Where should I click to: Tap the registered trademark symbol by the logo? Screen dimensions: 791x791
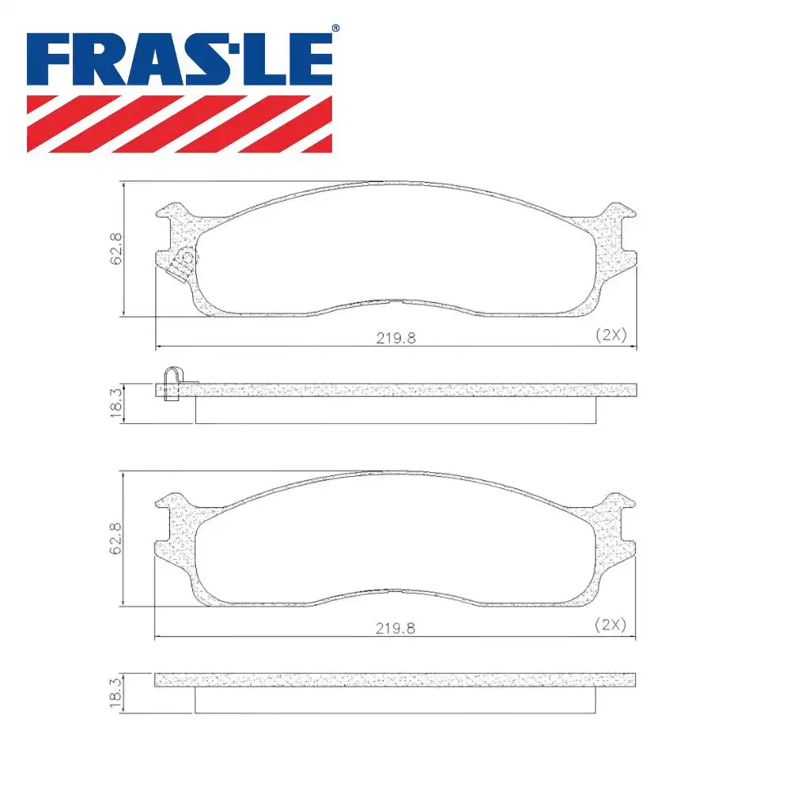[x=335, y=28]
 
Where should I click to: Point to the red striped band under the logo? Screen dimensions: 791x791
[x=180, y=123]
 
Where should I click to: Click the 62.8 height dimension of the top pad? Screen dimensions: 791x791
[x=116, y=248]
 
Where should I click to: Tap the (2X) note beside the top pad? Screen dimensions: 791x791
[x=611, y=335]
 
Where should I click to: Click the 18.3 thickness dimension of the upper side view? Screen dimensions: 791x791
[x=116, y=403]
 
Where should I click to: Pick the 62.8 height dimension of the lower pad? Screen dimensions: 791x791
[x=116, y=539]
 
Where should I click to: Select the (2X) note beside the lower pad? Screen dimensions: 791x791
[x=611, y=625]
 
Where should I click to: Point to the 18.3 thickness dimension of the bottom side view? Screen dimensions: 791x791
[x=116, y=693]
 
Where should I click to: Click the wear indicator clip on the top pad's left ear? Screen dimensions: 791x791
[x=184, y=262]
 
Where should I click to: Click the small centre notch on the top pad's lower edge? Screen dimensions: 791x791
[x=396, y=301]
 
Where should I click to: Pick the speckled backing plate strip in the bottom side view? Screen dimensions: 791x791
[x=395, y=680]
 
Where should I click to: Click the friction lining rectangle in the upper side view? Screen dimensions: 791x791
[x=395, y=409]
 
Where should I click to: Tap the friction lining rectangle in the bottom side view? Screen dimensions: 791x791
[x=395, y=699]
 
